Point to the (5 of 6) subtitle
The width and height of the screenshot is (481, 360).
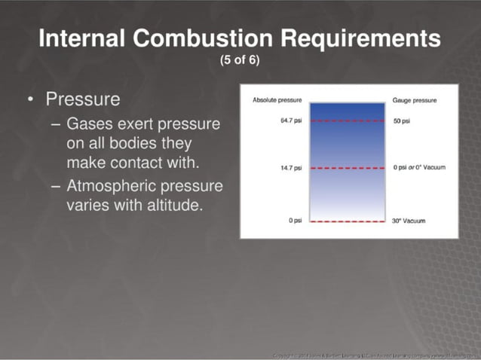(x=240, y=60)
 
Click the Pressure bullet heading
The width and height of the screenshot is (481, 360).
(x=82, y=99)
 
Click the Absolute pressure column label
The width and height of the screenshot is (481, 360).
(x=276, y=100)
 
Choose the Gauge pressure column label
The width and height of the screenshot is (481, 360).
(x=415, y=100)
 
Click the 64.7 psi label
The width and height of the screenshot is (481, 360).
(x=290, y=121)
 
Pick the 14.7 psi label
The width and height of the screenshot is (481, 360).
(x=290, y=167)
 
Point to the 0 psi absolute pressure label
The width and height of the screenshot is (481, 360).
(x=294, y=221)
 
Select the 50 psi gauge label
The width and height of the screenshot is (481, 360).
(x=401, y=121)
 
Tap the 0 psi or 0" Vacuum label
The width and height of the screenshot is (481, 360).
(x=419, y=167)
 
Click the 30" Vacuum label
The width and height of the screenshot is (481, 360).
(x=409, y=221)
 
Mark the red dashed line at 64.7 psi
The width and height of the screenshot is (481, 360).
(x=347, y=121)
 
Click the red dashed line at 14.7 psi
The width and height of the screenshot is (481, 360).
(x=347, y=168)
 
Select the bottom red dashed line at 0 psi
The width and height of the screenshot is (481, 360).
(x=347, y=221)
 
